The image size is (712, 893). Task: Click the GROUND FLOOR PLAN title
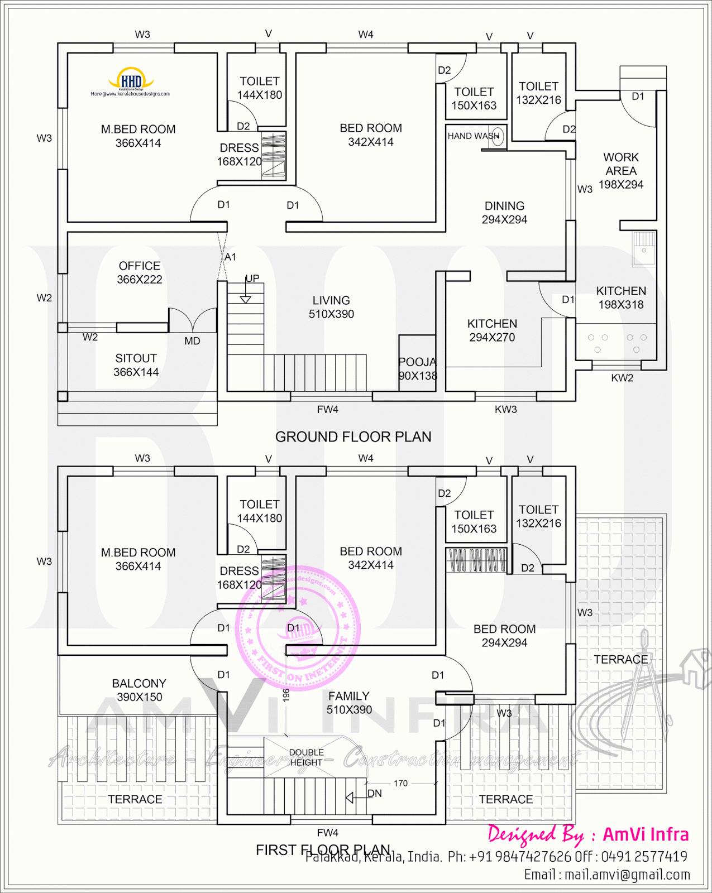353,437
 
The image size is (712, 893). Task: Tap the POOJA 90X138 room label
418,369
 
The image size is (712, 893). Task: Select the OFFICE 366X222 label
139,273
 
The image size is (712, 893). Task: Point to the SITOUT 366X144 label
136,366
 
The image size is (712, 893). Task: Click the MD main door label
192,341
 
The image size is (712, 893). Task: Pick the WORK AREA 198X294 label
620,171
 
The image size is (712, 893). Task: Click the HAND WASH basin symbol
498,136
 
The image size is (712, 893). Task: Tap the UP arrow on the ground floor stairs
245,296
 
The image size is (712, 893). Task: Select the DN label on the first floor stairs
375,794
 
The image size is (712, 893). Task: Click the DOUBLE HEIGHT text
306,757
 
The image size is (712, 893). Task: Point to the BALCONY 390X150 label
139,690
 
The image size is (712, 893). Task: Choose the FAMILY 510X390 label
349,703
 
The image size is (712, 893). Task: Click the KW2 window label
622,378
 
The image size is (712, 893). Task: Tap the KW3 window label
505,410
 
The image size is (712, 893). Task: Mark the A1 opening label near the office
230,257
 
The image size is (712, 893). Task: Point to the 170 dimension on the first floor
400,784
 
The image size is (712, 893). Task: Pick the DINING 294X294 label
504,213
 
